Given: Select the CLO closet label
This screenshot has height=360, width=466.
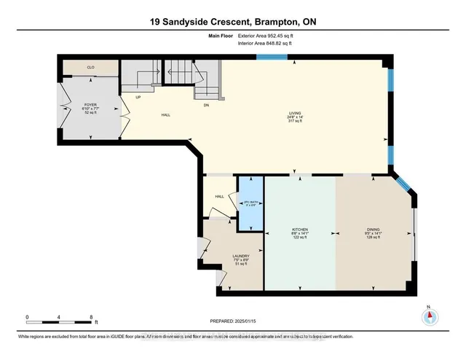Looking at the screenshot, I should point(90,68).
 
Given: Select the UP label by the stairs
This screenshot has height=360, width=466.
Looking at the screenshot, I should point(137,97).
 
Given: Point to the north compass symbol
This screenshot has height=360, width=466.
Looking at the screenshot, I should point(430,316).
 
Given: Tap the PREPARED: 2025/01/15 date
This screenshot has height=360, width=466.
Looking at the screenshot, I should point(232,319).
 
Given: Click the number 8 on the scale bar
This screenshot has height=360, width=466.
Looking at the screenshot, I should point(91,317).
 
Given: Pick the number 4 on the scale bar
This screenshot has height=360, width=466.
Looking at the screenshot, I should point(59,317).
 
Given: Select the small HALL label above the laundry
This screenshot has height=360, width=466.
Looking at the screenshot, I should point(218,196).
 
